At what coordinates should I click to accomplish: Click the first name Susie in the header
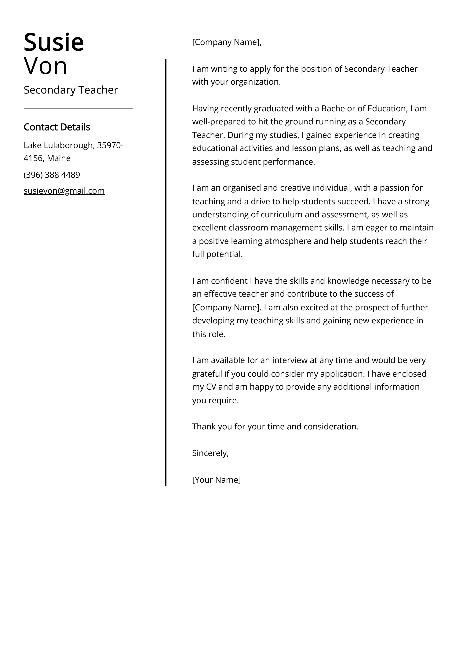pos(54,42)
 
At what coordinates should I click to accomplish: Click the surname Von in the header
pos(46,66)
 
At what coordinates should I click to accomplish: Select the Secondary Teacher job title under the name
pos(71,90)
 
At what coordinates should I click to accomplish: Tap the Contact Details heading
pos(57,127)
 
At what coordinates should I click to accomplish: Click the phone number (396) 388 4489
pos(52,175)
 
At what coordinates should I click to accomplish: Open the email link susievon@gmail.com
pos(64,191)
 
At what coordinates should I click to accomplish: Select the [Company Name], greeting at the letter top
pos(227,42)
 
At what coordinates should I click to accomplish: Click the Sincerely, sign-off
pos(210,453)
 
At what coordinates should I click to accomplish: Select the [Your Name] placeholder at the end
pos(216,480)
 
